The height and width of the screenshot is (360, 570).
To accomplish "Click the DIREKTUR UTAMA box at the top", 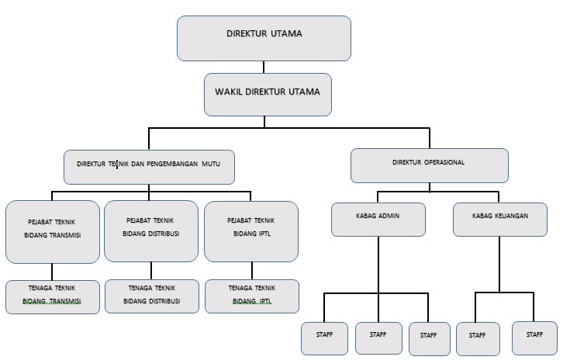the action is tap(264, 38).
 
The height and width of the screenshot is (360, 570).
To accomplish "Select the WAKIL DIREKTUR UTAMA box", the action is tap(268, 95).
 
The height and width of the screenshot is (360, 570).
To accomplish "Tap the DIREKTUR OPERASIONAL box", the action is tap(430, 165).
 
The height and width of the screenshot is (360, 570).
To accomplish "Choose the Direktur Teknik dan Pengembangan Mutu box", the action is tap(149, 167).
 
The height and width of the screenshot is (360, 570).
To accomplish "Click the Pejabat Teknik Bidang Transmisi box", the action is tap(53, 232).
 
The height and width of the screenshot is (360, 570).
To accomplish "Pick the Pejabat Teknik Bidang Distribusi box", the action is tap(151, 231).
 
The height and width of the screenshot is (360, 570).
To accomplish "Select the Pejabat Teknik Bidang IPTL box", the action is tap(251, 231).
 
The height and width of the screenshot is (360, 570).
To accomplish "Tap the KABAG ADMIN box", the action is tap(378, 220).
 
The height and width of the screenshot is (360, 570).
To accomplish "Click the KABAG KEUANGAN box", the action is tap(500, 220).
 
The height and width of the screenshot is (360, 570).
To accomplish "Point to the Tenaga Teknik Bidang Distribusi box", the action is tap(152, 296).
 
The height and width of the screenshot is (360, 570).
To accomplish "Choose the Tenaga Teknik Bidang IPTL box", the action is tap(252, 296).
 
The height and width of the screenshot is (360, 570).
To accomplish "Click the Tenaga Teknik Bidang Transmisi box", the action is tap(53, 296).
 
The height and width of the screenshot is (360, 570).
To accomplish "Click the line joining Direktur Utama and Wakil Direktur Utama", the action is tap(264, 67).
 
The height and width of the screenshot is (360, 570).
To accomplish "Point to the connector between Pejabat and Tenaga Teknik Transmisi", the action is tap(52, 272).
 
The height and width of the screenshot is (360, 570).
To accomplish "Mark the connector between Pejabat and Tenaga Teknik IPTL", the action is tap(252, 271).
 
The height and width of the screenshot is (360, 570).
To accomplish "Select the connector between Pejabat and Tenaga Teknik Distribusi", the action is tap(151, 271).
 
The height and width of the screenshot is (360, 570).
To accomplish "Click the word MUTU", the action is tap(211, 164).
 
